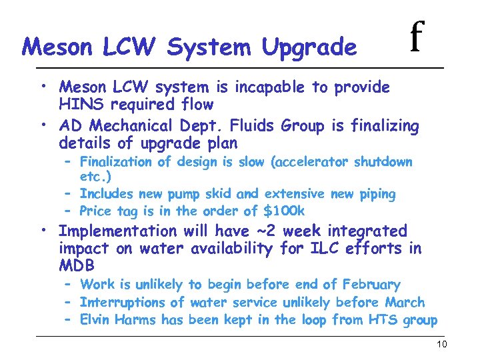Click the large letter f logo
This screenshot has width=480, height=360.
click(x=416, y=37)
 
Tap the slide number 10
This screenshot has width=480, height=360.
click(x=441, y=344)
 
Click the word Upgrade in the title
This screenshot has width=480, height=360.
click(x=309, y=47)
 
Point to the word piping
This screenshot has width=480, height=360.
click(x=375, y=194)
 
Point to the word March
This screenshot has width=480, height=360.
click(x=405, y=303)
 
